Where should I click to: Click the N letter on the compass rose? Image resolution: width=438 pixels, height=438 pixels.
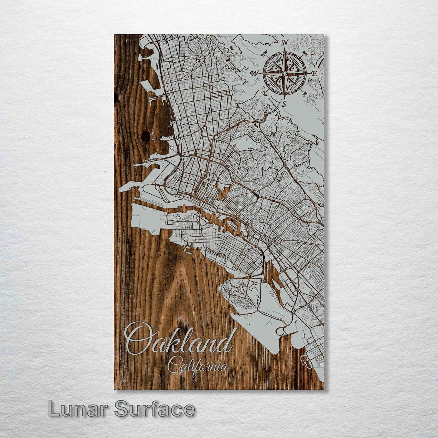click(x=285, y=43)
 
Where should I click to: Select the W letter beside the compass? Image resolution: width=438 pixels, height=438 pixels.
click(x=253, y=73)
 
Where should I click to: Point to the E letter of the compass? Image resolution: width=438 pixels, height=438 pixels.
click(x=315, y=74)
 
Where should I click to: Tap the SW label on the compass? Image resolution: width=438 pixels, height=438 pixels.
click(x=263, y=93)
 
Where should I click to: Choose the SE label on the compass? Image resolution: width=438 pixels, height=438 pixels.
click(x=305, y=94)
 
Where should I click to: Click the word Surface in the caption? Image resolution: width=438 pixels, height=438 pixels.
click(x=155, y=410)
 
